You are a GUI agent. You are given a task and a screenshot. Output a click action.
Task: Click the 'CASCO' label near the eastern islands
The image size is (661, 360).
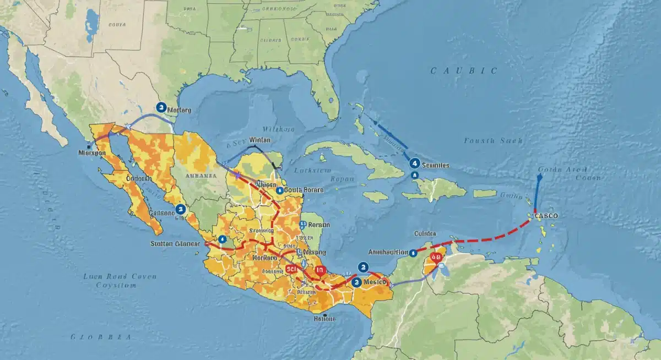coord(546,216)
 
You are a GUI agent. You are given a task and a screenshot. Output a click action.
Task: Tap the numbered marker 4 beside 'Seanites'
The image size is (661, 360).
coord(414,163)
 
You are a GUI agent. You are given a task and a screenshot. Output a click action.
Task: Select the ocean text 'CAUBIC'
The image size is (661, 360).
coord(463,70)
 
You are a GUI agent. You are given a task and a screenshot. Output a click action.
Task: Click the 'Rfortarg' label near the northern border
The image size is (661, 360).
coord(178,110)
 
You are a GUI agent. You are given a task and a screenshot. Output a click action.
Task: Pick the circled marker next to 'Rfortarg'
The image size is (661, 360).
coord(161,107)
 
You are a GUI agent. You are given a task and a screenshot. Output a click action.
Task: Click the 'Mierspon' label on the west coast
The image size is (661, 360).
coord(92,152)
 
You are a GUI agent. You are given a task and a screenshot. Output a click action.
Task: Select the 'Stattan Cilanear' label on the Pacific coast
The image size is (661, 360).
coord(175,243)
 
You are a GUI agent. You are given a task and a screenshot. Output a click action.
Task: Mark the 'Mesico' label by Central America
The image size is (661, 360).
coord(375,282)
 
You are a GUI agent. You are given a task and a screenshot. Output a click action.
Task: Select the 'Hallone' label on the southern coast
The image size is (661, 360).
coord(325,318)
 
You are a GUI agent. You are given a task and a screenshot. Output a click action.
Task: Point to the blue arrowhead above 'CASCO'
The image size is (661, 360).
coord(539,177)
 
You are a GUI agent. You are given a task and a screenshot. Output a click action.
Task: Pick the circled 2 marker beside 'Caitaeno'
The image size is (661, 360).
coord(180,209)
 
